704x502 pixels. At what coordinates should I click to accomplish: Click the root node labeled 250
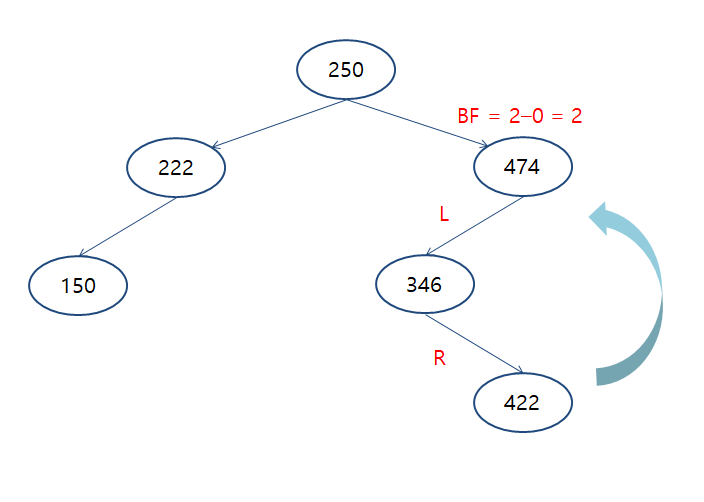pyautogui.click(x=346, y=69)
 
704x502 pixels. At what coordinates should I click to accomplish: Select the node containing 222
pyautogui.click(x=176, y=167)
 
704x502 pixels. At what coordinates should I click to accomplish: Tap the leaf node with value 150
pyautogui.click(x=78, y=285)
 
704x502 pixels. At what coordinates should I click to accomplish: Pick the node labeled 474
pyautogui.click(x=522, y=167)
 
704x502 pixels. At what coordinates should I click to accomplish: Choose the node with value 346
pyautogui.click(x=424, y=285)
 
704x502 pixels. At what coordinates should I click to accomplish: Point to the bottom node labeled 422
pyautogui.click(x=522, y=403)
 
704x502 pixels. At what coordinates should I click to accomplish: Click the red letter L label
pyautogui.click(x=444, y=213)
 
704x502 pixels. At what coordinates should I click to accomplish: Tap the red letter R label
pyautogui.click(x=439, y=358)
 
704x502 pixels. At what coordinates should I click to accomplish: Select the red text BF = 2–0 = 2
pyautogui.click(x=519, y=116)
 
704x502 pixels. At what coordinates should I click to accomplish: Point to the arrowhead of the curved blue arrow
pyautogui.click(x=601, y=216)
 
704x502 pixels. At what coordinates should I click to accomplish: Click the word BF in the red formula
pyautogui.click(x=468, y=116)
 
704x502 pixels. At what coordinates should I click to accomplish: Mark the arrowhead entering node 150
pyautogui.click(x=84, y=255)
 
